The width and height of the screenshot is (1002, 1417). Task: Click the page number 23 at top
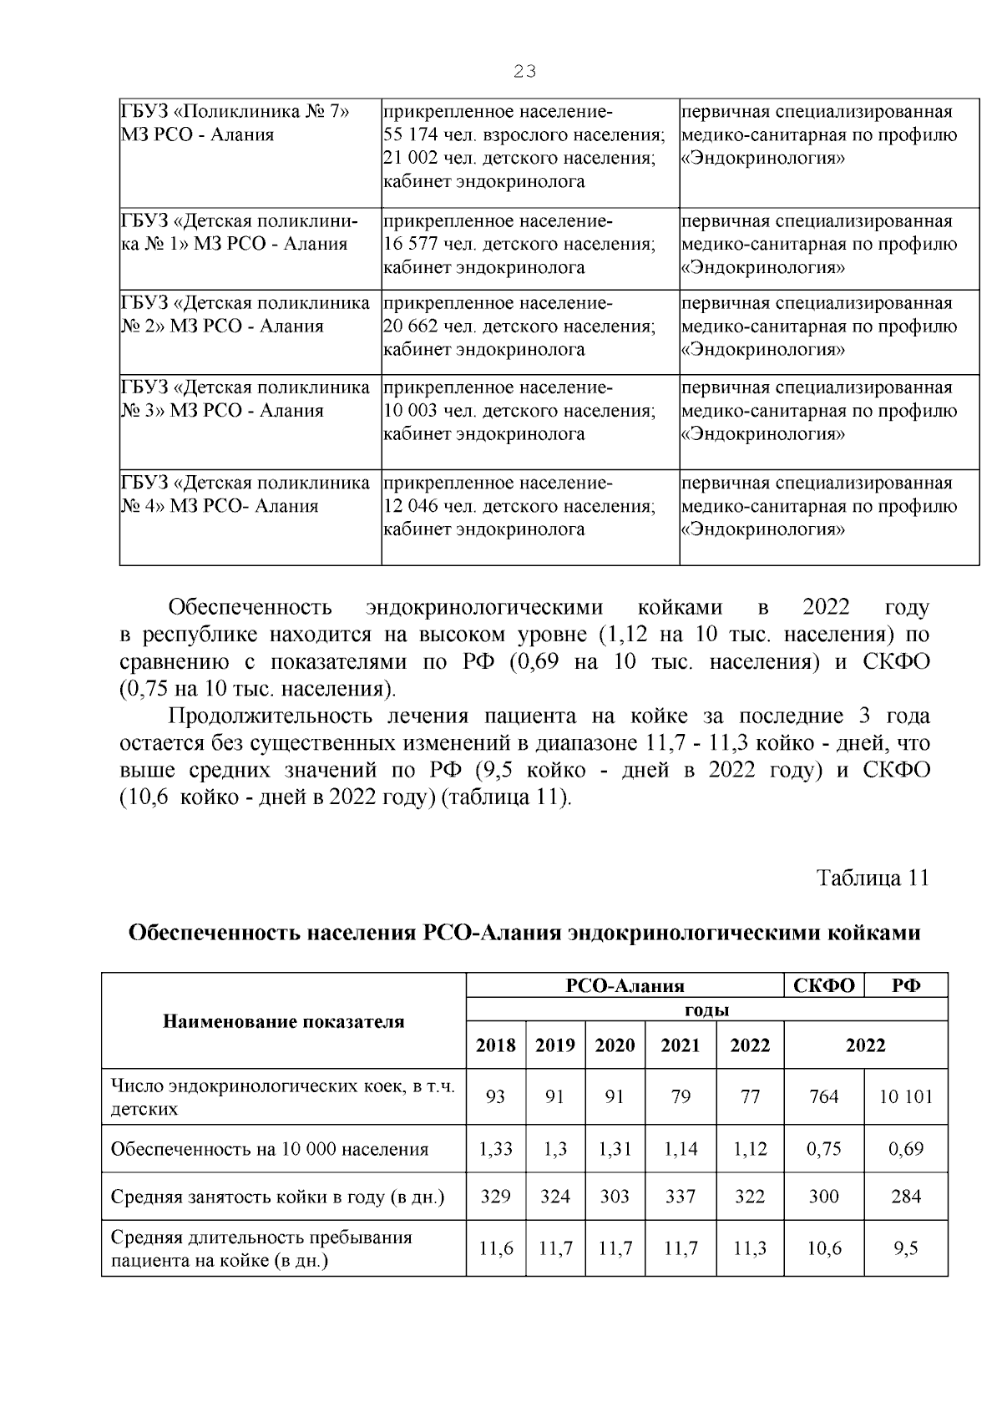pos(524,72)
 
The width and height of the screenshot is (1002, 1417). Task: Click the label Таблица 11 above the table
pos(872,878)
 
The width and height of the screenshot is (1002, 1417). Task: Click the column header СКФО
pos(823,985)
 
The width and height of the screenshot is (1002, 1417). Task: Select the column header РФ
pos(906,985)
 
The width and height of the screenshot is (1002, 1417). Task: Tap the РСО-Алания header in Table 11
pos(625,985)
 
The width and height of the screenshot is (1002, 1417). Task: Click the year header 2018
pos(495,1045)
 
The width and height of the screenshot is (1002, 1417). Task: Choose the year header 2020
pos(615,1045)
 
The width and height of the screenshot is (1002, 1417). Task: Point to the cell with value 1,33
pos(495,1149)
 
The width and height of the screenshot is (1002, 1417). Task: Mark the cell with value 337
pos(681,1197)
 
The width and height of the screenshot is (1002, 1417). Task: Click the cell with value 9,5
pos(906,1248)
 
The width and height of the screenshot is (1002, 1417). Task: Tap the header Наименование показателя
pos(283,1021)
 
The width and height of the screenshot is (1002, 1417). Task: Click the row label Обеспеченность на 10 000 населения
pos(269,1149)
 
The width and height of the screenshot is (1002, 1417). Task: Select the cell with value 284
pos(906,1197)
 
